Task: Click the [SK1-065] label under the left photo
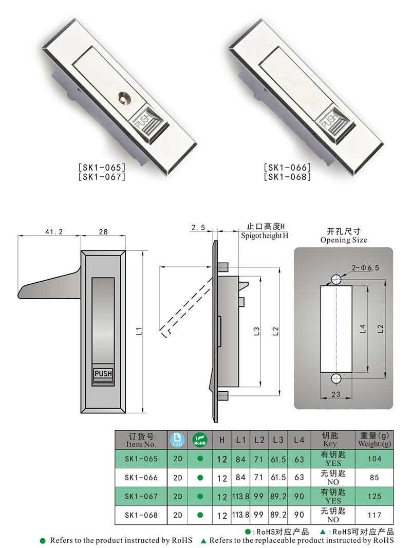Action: tap(102, 168)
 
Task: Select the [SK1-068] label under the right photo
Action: tap(288, 177)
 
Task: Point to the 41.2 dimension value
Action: tap(50, 232)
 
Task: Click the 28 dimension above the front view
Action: tap(103, 232)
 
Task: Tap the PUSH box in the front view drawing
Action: tap(103, 374)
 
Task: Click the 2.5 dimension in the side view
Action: tap(198, 227)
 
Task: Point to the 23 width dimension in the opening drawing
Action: tap(335, 395)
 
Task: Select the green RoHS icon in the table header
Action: tap(199, 440)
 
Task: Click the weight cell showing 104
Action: tap(374, 459)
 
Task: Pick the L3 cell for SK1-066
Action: tap(278, 478)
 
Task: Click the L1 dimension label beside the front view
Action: tap(139, 332)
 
